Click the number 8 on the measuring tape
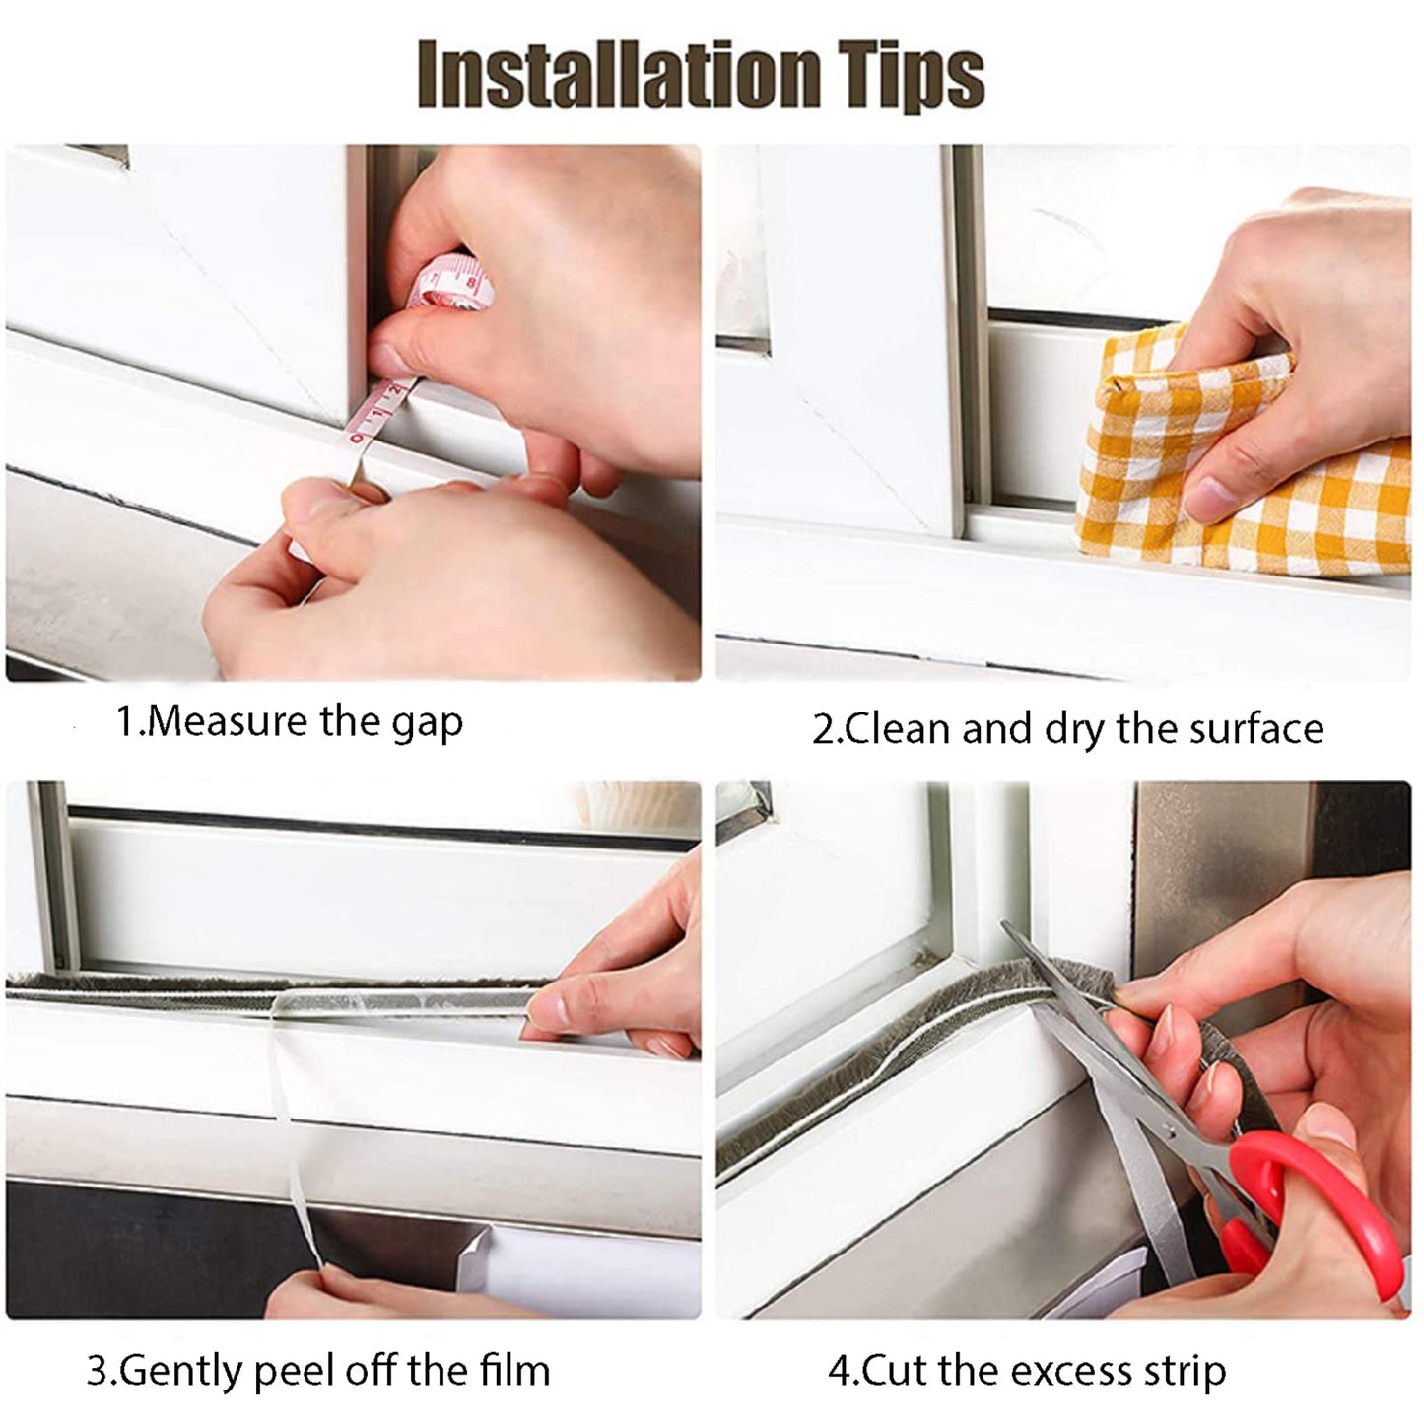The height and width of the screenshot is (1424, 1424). coord(471,286)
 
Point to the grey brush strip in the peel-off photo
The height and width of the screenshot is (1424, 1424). coord(246,988)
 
